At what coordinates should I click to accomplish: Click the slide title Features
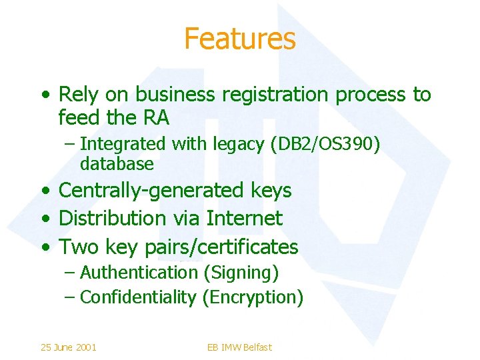239,39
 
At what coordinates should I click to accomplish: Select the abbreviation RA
155,117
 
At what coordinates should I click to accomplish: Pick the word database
117,163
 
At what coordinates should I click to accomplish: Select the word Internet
245,218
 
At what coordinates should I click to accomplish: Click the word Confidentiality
138,297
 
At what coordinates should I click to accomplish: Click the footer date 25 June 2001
68,347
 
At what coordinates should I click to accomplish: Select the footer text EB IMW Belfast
239,347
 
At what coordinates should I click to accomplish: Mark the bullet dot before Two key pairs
45,247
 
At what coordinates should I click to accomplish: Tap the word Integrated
123,143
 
